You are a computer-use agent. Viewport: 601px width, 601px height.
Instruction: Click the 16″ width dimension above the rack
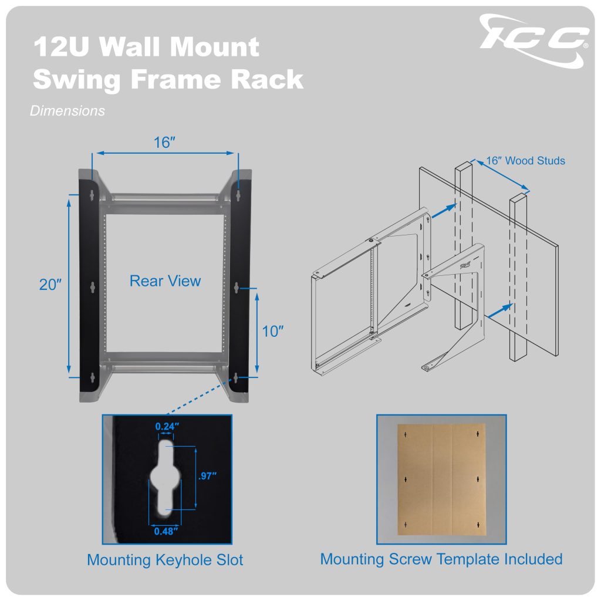165,143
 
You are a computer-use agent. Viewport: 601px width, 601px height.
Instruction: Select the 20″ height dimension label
51,285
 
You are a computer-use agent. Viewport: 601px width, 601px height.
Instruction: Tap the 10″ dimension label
273,332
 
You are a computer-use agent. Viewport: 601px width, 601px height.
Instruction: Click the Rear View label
165,281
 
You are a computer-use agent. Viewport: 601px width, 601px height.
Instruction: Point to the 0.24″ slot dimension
166,427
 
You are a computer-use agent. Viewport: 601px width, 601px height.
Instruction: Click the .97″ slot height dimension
208,476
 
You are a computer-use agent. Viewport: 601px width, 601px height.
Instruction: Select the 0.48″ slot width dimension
166,531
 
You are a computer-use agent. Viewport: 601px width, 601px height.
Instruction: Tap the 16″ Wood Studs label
526,160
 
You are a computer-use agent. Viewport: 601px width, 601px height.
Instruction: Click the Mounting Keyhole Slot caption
165,560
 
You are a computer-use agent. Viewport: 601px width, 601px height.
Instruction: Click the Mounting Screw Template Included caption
441,559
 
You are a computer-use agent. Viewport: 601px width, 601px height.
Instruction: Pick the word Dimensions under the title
67,110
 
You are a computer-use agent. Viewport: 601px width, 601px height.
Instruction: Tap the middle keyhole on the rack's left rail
93,287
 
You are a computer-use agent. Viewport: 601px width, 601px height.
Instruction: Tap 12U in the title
62,47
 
